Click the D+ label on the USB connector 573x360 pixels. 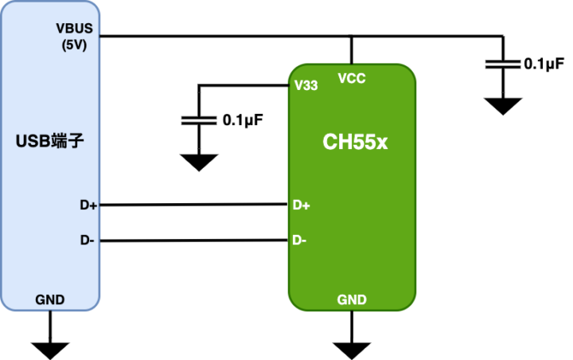tap(88, 205)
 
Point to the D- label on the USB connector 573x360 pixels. tap(88, 239)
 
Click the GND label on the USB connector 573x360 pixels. tap(50, 299)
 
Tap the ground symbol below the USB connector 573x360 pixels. tap(50, 347)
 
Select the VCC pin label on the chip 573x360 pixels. tap(352, 78)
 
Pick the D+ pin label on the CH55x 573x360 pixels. tap(302, 205)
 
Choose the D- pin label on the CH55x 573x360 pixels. tap(300, 239)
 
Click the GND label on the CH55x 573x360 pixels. tap(352, 299)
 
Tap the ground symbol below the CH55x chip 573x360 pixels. tap(352, 349)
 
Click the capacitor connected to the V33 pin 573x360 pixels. tap(199, 120)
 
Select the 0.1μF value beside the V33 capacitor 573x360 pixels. tap(243, 120)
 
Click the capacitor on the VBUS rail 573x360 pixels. tap(503, 64)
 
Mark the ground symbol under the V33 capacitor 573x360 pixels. tap(199, 162)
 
